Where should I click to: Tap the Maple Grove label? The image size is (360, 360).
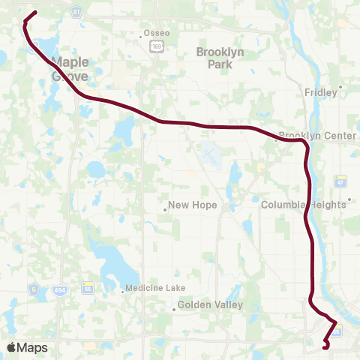point(70,69)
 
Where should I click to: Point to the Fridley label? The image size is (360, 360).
point(321,92)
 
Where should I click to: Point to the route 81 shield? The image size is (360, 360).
point(76,13)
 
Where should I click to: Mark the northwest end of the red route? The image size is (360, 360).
point(35,12)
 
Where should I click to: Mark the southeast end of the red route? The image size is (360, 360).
point(324,347)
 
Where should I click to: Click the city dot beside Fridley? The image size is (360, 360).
point(340,86)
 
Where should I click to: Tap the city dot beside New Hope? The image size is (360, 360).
point(165,210)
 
